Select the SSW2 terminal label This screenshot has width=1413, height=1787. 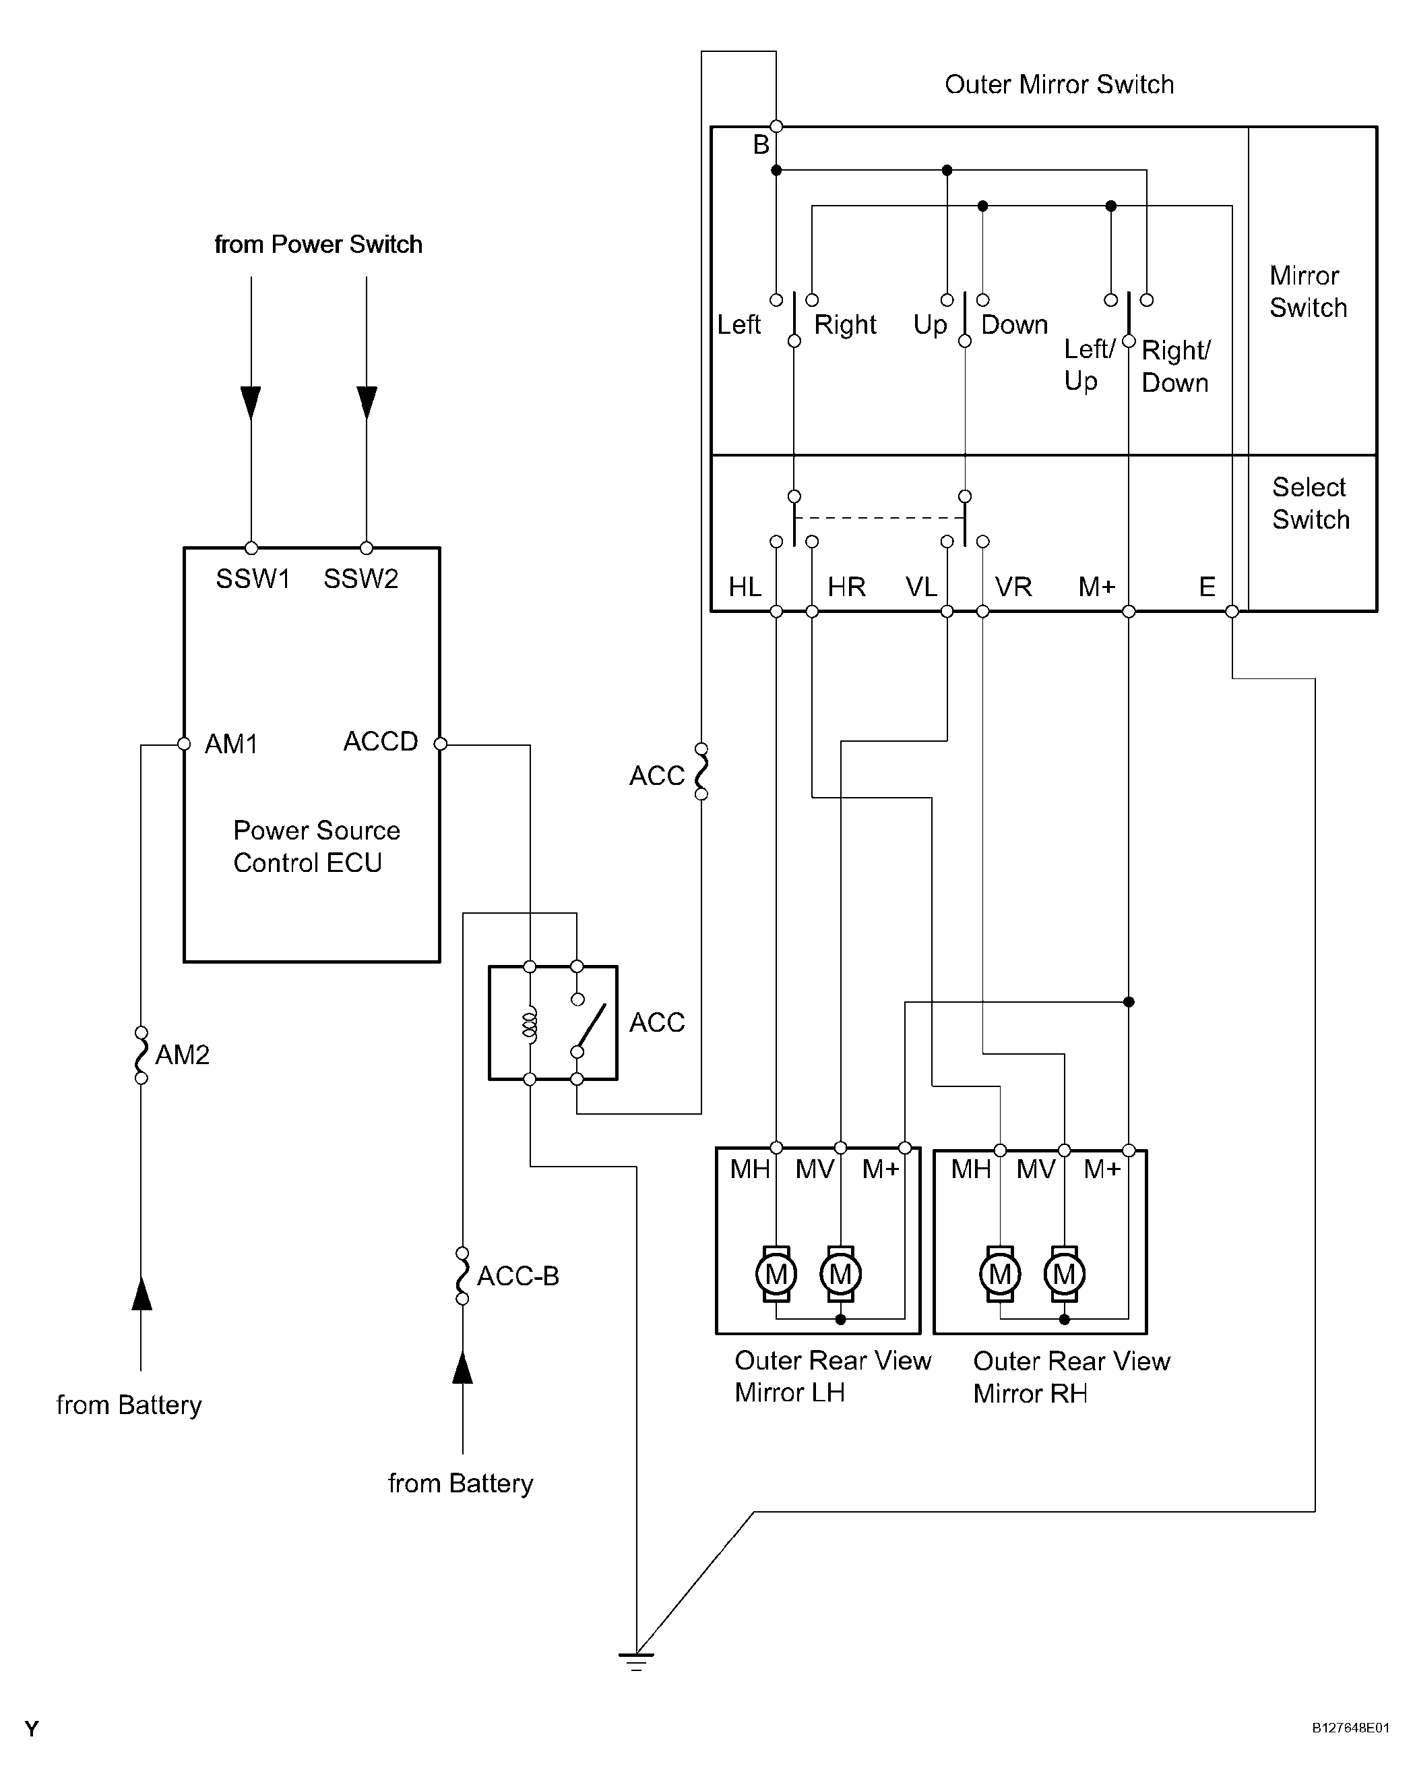[360, 579]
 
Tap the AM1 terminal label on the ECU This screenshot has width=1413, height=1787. [231, 744]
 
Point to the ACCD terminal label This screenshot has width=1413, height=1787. [381, 742]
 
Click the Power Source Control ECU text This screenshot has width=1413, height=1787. [316, 846]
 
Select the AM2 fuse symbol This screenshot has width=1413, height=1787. [142, 1055]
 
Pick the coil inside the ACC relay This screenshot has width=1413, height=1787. [530, 1025]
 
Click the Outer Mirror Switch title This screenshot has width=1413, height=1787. [1059, 84]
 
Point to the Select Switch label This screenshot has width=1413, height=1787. [1311, 503]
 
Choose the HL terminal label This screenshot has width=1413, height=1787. [745, 587]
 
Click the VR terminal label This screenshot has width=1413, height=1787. [1013, 587]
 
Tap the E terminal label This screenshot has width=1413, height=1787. [1207, 587]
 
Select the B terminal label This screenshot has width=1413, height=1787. [761, 145]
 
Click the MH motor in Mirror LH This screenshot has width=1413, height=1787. [776, 1274]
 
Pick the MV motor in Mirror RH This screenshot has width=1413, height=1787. [1064, 1274]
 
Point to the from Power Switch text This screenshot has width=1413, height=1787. [319, 244]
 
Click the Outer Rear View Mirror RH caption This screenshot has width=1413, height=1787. [1071, 1377]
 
